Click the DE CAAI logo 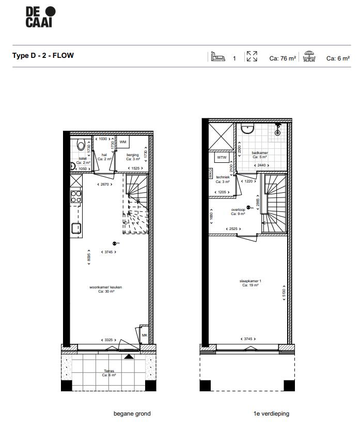point(40,17)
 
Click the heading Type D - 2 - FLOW point(43,55)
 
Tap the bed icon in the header point(217,57)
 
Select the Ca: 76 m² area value point(283,58)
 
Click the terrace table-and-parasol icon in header point(309,57)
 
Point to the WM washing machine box point(123,142)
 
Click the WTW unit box point(222,157)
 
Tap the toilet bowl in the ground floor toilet point(80,144)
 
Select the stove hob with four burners point(76,196)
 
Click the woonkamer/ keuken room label point(105,288)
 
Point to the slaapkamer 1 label point(251,281)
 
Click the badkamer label point(259,153)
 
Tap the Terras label point(108,371)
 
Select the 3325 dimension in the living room point(108,340)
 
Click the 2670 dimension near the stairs point(105,185)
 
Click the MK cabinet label point(144,335)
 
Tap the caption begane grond point(132,414)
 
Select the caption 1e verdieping point(271,414)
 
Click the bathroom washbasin point(247,129)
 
